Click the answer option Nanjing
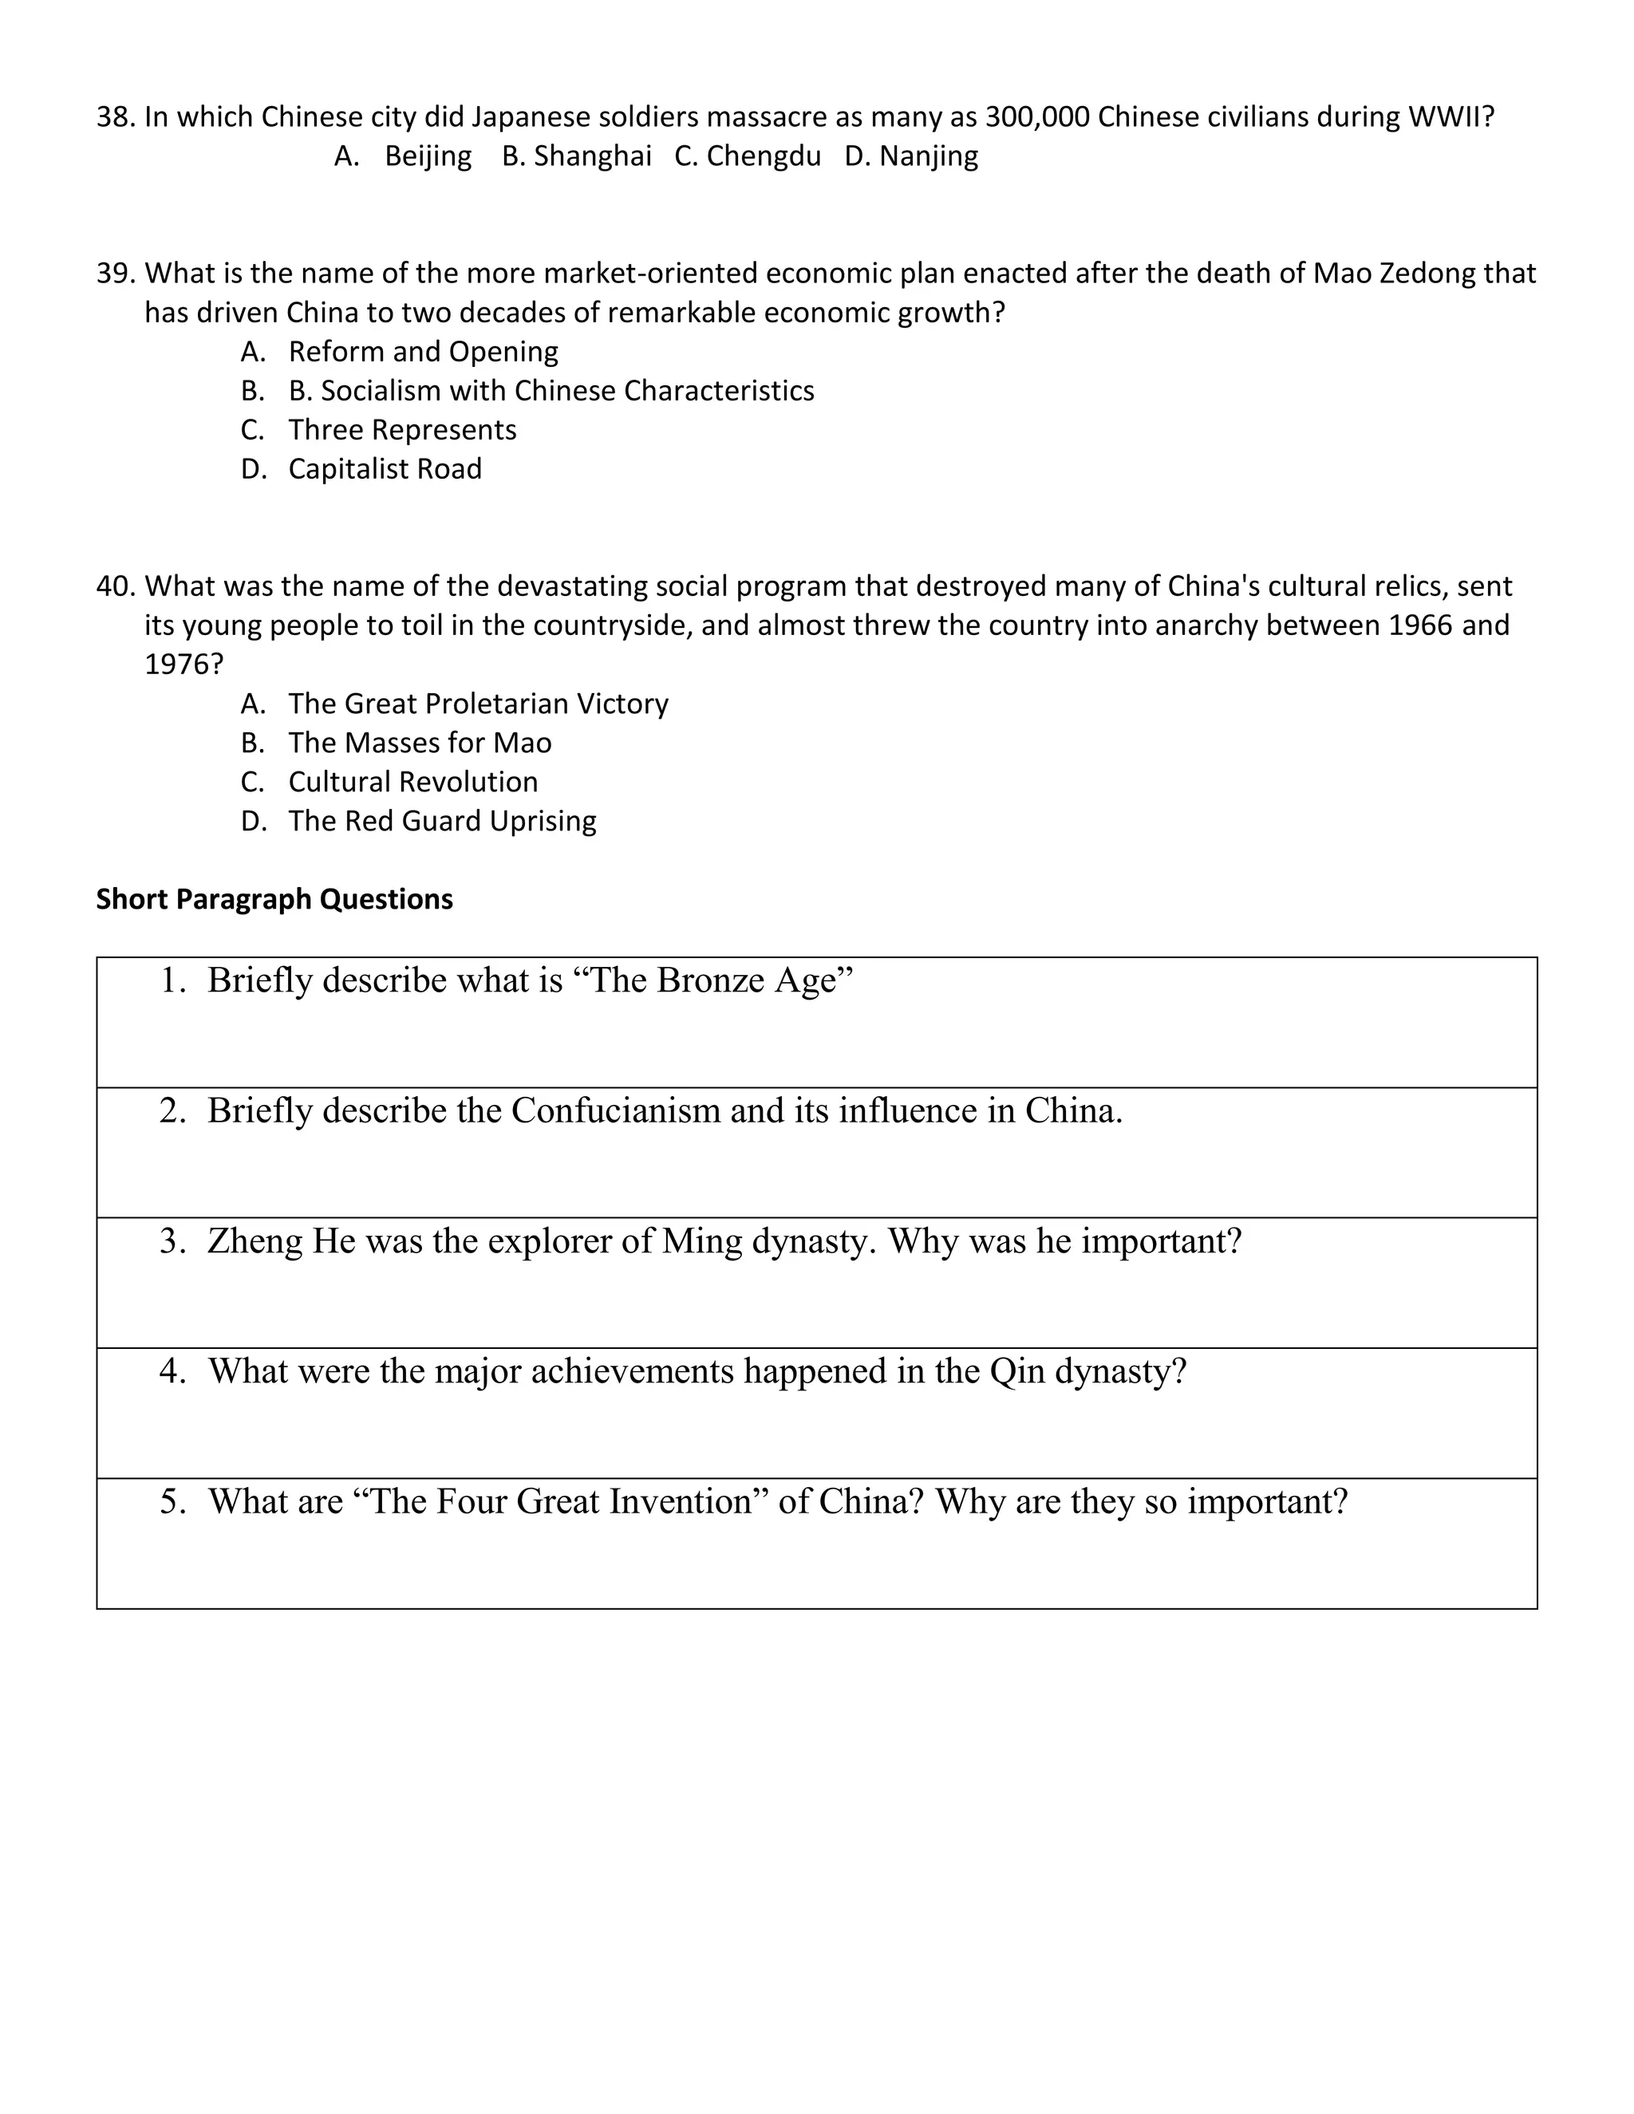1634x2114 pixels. [927, 156]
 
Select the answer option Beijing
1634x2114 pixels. [427, 156]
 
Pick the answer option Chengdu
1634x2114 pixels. [763, 156]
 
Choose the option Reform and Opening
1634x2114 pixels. [423, 351]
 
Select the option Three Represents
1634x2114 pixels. [402, 430]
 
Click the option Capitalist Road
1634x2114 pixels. [385, 468]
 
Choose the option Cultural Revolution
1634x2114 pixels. [412, 782]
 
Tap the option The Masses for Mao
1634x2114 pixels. [419, 743]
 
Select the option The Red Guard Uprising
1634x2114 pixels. [441, 821]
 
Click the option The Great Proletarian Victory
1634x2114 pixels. [478, 704]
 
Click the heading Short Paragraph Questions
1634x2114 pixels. [274, 899]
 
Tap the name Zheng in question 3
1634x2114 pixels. [255, 1242]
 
